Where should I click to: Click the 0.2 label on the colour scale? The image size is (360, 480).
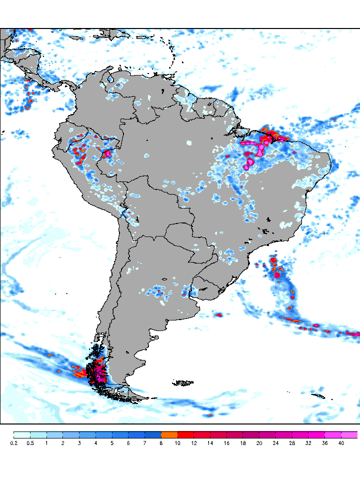[x=14, y=443]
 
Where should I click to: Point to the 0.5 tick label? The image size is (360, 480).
[x=30, y=443]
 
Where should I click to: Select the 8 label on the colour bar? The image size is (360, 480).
[x=161, y=443]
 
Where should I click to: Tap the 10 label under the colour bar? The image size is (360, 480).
[x=178, y=443]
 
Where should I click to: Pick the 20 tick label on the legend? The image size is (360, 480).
[x=259, y=443]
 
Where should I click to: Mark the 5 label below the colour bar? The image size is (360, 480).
[x=112, y=443]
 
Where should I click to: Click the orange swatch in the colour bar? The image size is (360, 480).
[x=169, y=434]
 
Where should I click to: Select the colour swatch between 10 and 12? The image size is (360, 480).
[x=186, y=434]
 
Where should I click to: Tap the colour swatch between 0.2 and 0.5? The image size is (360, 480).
[x=22, y=434]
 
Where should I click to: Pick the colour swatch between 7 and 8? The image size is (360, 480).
[x=153, y=434]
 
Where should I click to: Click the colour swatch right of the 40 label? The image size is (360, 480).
[x=349, y=434]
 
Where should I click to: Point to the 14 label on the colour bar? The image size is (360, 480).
[x=210, y=443]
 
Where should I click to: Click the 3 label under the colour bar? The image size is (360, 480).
[x=79, y=443]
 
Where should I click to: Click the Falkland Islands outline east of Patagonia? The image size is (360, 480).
[x=184, y=383]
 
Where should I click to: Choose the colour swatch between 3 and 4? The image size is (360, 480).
[x=87, y=434]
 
